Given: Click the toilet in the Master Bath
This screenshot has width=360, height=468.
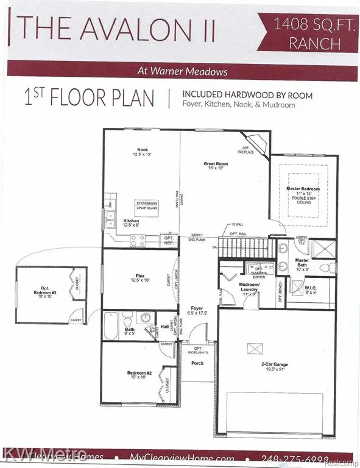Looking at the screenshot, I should pos(325,267).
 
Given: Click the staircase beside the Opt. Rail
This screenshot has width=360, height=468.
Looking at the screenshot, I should pos(238,247).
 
